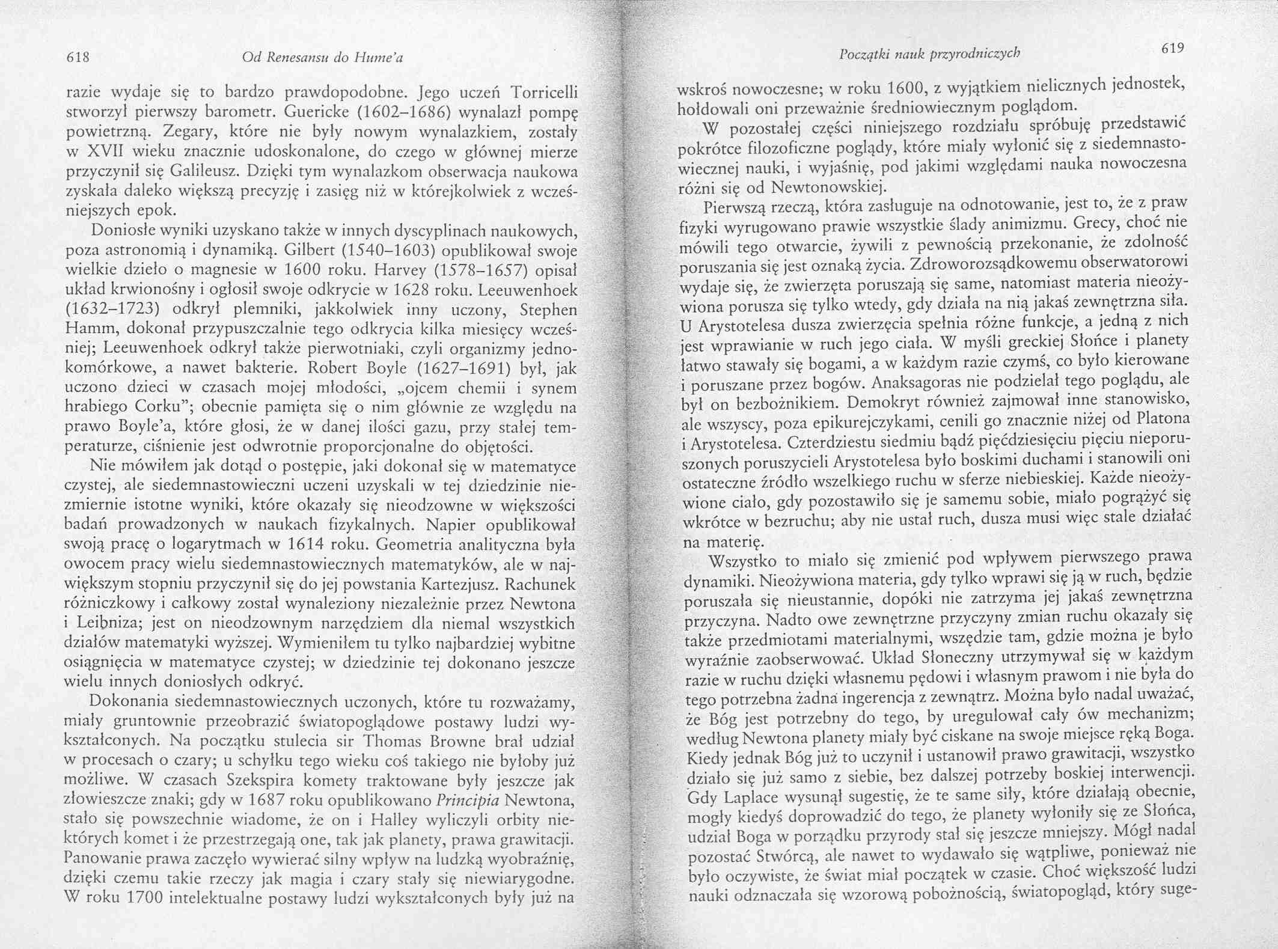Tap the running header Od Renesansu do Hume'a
[x=322, y=58]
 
